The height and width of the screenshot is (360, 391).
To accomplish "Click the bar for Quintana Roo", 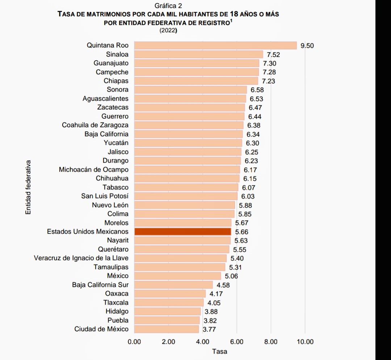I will pyautogui.click(x=215, y=45).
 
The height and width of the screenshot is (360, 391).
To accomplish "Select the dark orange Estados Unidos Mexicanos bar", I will pyautogui.click(x=182, y=231).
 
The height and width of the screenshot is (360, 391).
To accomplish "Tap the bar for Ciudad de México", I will pyautogui.click(x=167, y=329).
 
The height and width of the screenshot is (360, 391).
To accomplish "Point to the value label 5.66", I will pyautogui.click(x=242, y=232).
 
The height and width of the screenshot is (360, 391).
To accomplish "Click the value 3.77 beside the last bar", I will pyautogui.click(x=210, y=329).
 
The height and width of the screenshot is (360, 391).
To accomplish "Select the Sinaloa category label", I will pyautogui.click(x=117, y=54).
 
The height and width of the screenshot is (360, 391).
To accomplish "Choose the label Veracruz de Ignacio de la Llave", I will pyautogui.click(x=81, y=258).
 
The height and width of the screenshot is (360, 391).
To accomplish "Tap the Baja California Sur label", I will pyautogui.click(x=100, y=285).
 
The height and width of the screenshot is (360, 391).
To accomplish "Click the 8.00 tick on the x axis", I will pyautogui.click(x=271, y=342).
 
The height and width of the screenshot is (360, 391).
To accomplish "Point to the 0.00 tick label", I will pyautogui.click(x=134, y=342).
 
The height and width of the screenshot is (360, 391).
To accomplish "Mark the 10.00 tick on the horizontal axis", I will pyautogui.click(x=305, y=342).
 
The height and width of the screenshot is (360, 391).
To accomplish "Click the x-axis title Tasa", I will pyautogui.click(x=220, y=351).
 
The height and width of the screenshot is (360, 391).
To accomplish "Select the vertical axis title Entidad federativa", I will pyautogui.click(x=28, y=187).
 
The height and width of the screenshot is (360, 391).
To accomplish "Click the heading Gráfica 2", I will pyautogui.click(x=168, y=6).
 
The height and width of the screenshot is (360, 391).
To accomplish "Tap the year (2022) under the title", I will pyautogui.click(x=168, y=31).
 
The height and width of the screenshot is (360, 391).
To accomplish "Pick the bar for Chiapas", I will pyautogui.click(x=196, y=81).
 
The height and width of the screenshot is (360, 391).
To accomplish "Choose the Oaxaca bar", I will pyautogui.click(x=170, y=294).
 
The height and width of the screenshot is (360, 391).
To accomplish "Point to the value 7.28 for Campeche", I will pyautogui.click(x=269, y=72).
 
